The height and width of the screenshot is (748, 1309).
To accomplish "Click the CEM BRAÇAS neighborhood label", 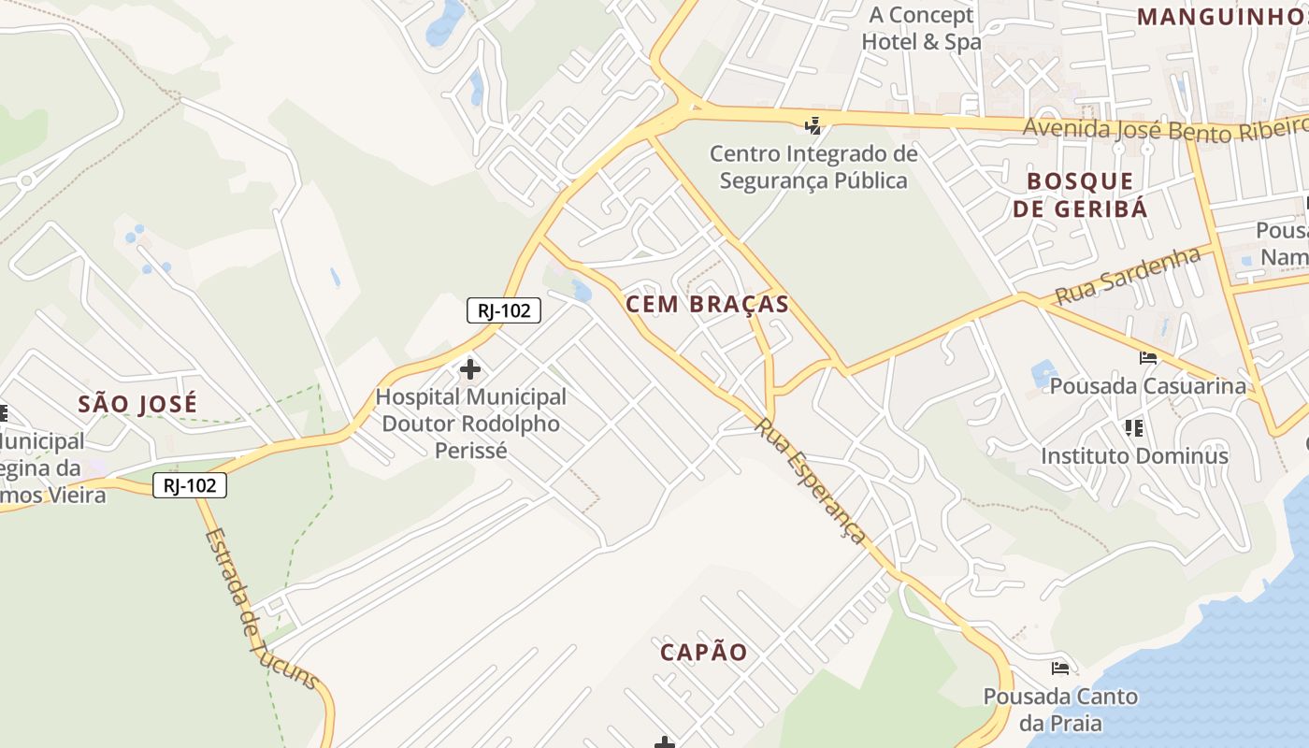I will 707,304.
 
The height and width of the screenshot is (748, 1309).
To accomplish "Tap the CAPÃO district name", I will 704,653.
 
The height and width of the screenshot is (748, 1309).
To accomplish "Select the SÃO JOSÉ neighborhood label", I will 137,404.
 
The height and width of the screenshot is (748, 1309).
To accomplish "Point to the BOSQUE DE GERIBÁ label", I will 1080,194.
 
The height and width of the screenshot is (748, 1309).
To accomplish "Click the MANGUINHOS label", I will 1221,16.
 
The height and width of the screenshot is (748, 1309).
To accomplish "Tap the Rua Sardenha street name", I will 1128,276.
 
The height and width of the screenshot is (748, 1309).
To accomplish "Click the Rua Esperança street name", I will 811,481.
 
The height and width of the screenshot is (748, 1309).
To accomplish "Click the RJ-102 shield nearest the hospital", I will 504,310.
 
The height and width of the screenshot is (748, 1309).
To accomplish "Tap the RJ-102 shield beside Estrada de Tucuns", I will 190,485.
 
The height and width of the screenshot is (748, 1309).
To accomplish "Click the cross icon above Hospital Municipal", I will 469,369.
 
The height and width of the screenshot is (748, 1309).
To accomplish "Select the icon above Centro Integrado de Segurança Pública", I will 813,125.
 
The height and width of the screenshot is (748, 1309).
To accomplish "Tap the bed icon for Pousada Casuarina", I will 1148,357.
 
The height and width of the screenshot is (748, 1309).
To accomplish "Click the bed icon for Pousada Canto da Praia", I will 1060,668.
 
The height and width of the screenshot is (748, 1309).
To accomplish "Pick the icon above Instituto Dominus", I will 1134,428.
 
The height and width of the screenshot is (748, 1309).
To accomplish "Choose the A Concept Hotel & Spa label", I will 921,28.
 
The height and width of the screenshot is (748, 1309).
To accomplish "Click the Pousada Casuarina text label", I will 1147,386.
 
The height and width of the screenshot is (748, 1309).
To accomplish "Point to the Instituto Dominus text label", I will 1134,456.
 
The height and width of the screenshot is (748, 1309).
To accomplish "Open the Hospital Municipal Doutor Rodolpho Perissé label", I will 470,424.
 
